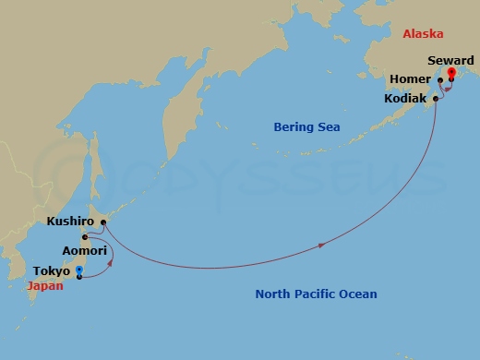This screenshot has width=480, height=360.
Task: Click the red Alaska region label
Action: point(423,34)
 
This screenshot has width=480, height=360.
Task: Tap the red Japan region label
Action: point(45,286)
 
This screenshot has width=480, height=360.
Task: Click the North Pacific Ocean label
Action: point(316,294)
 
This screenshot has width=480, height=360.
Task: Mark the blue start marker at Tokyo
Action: point(79,270)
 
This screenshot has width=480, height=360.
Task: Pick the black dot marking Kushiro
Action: point(103,222)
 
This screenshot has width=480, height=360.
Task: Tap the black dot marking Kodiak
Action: point(435,96)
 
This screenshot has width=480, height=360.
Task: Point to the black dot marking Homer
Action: point(440,79)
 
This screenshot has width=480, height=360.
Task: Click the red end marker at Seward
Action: point(451,74)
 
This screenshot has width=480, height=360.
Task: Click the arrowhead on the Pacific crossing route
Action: point(322,245)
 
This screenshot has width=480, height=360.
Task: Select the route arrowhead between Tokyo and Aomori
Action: point(112,262)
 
